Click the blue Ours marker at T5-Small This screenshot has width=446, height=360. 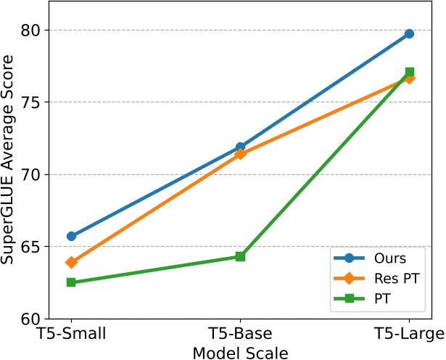(72, 236)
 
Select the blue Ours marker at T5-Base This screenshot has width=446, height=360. (241, 147)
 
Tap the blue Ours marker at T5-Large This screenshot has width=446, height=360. (409, 34)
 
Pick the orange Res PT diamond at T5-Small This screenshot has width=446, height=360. (72, 262)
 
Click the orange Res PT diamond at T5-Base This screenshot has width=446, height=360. (241, 154)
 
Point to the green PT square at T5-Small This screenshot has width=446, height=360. (72, 282)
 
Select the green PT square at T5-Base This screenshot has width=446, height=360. (241, 256)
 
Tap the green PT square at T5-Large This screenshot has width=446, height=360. (410, 72)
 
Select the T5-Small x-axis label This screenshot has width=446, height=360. (72, 335)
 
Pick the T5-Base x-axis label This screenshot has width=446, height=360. (241, 335)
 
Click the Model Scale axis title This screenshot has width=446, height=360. (240, 352)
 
